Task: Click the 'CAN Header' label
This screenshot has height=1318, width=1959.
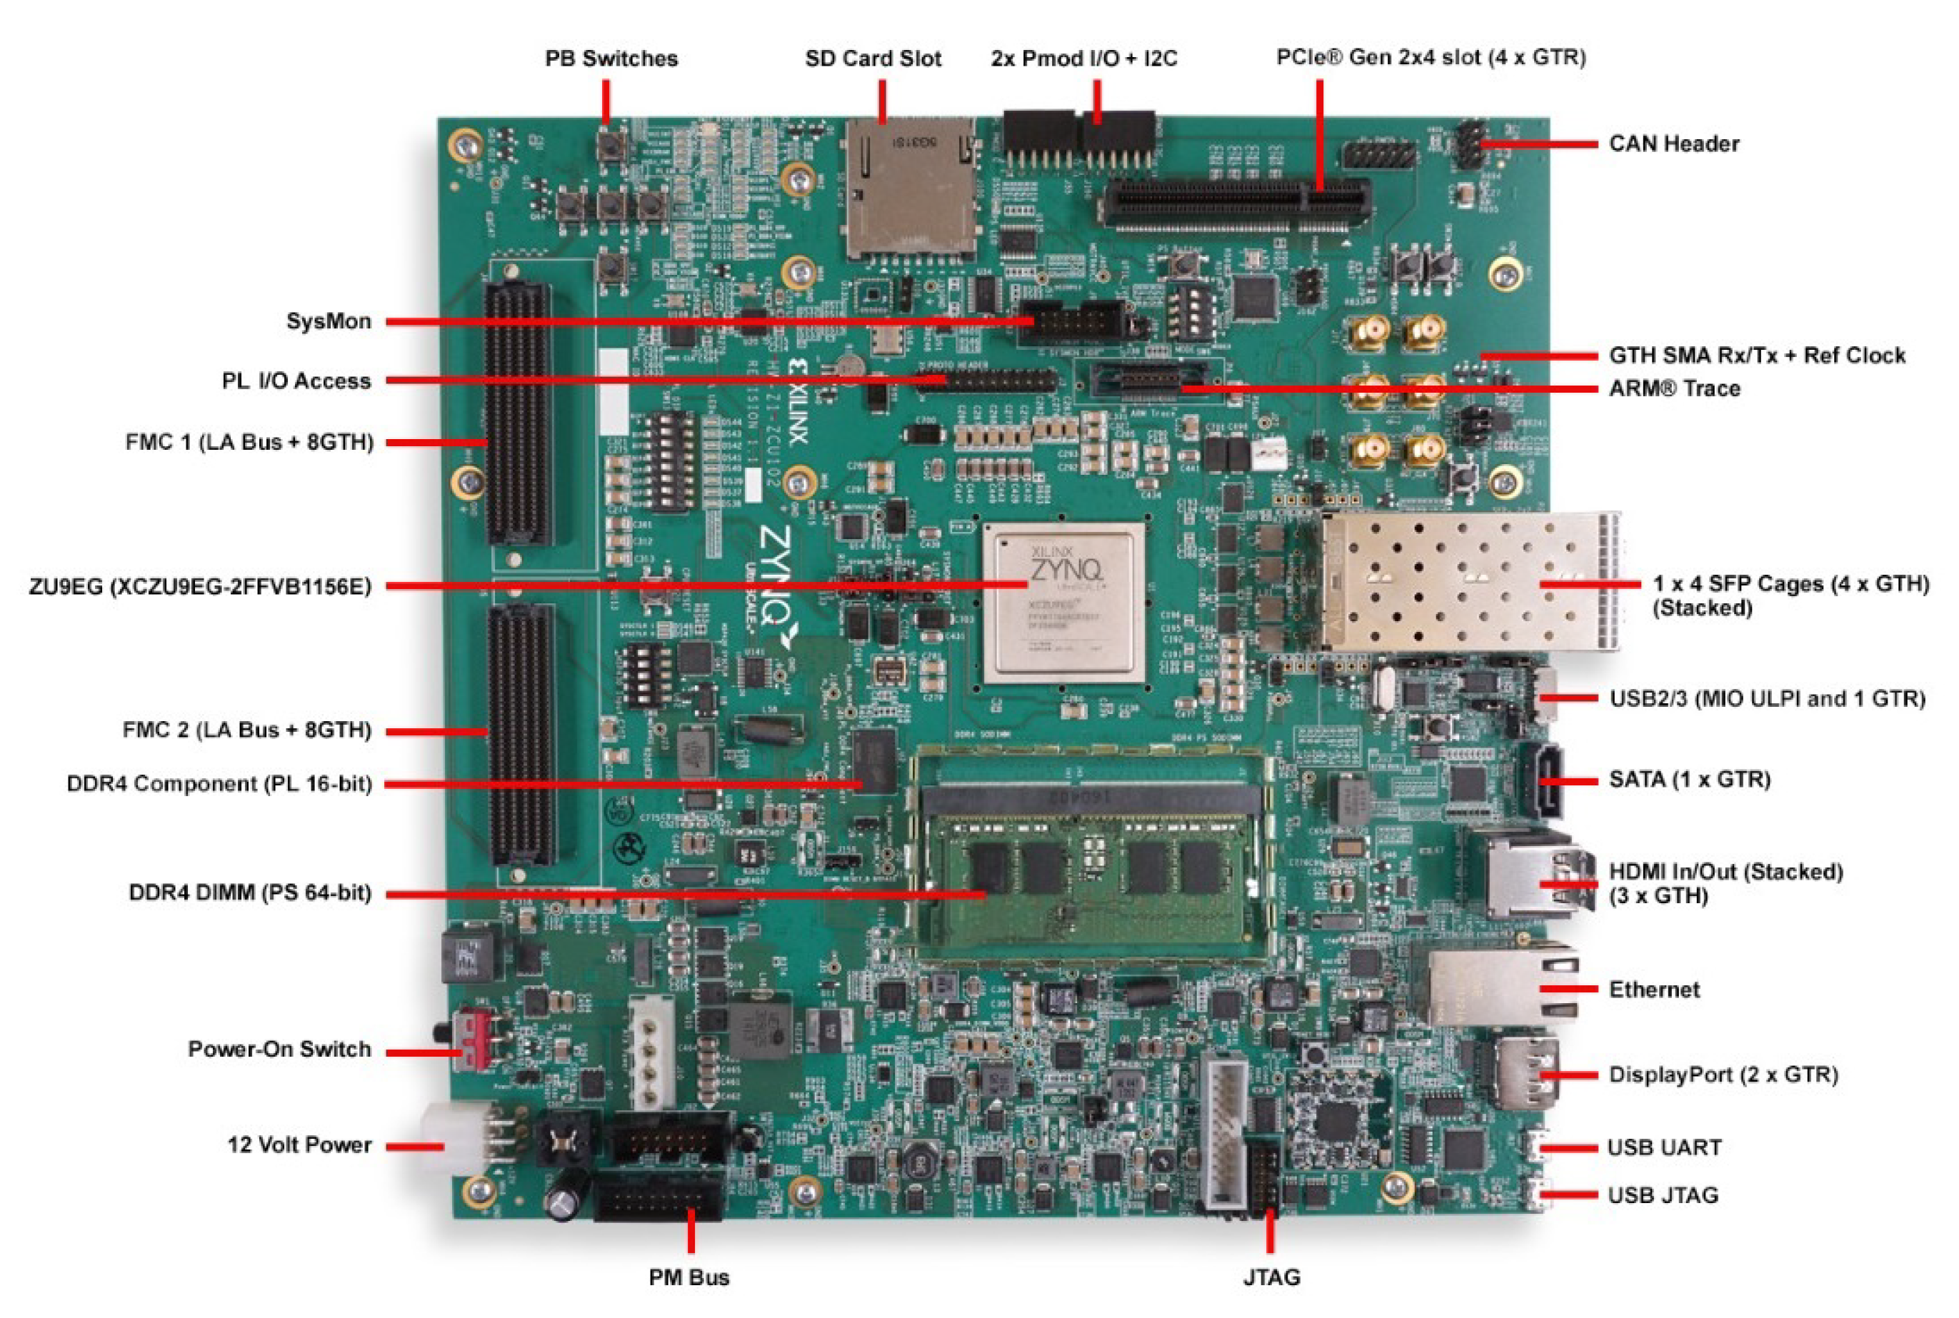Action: click(x=1673, y=144)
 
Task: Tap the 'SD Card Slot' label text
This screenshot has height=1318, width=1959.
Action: click(x=873, y=59)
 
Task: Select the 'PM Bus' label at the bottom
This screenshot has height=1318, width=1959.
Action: click(x=688, y=1277)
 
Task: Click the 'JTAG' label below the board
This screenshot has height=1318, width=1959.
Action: click(x=1271, y=1277)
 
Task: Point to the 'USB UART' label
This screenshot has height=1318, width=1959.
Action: click(x=1664, y=1147)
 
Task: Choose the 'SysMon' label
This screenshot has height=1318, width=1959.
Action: click(x=329, y=321)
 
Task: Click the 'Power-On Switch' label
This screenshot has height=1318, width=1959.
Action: click(x=279, y=1049)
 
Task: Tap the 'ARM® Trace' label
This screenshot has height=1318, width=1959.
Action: click(x=1674, y=388)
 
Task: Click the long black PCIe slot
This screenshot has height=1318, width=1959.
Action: click(x=1236, y=203)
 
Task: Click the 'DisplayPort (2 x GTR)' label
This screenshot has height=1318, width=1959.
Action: click(x=1723, y=1075)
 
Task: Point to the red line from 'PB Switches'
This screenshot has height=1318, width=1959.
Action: click(x=606, y=101)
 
